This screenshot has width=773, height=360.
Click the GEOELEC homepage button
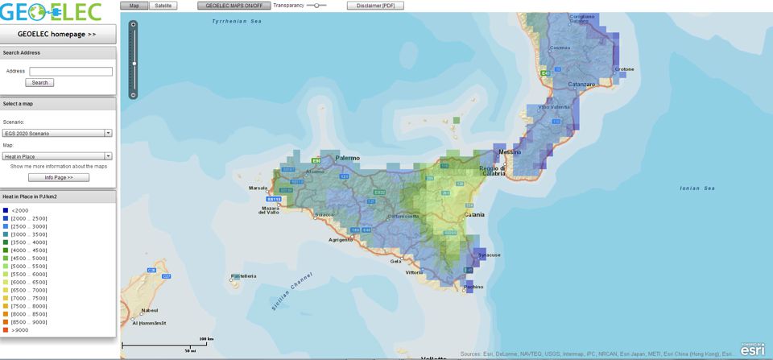57,34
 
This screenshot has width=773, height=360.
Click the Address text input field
70,72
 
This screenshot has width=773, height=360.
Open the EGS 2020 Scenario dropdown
57,133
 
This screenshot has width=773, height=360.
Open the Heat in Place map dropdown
57,156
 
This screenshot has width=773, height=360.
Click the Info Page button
58,177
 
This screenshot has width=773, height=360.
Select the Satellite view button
163,6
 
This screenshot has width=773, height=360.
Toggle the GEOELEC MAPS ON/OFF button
234,6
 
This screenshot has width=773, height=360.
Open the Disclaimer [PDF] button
375,6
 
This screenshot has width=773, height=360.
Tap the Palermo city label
348,158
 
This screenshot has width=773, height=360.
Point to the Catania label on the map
473,215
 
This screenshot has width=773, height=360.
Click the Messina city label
510,152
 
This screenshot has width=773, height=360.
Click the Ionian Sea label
697,188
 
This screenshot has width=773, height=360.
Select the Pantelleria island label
243,276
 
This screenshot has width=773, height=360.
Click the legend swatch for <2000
5,210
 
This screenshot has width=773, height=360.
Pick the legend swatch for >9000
5,329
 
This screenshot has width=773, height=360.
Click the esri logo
752,349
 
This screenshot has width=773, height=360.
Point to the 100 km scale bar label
205,339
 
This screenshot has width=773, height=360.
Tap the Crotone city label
625,69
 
